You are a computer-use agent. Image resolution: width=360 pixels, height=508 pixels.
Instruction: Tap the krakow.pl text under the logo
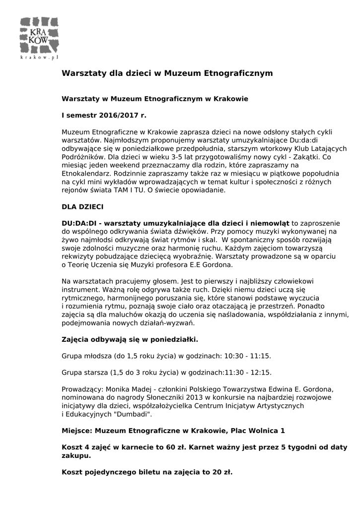[39, 58]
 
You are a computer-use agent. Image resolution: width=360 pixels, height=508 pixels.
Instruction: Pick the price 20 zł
[223, 472]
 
